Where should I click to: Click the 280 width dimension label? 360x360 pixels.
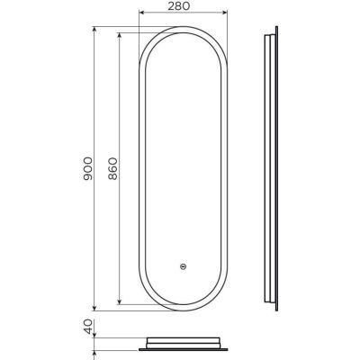(178, 6)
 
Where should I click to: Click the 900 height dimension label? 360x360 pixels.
(88, 168)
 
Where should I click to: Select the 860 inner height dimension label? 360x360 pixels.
(112, 168)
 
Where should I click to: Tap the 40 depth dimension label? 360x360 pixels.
(88, 327)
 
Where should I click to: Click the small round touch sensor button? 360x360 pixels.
(183, 265)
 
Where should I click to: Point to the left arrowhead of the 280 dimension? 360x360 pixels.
(142, 13)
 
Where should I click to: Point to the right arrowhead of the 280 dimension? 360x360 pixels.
(224, 13)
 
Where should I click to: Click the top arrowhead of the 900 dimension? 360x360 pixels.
(94, 30)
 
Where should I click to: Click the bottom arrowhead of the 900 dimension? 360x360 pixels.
(94, 308)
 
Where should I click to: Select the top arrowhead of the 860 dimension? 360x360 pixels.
(120, 36)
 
